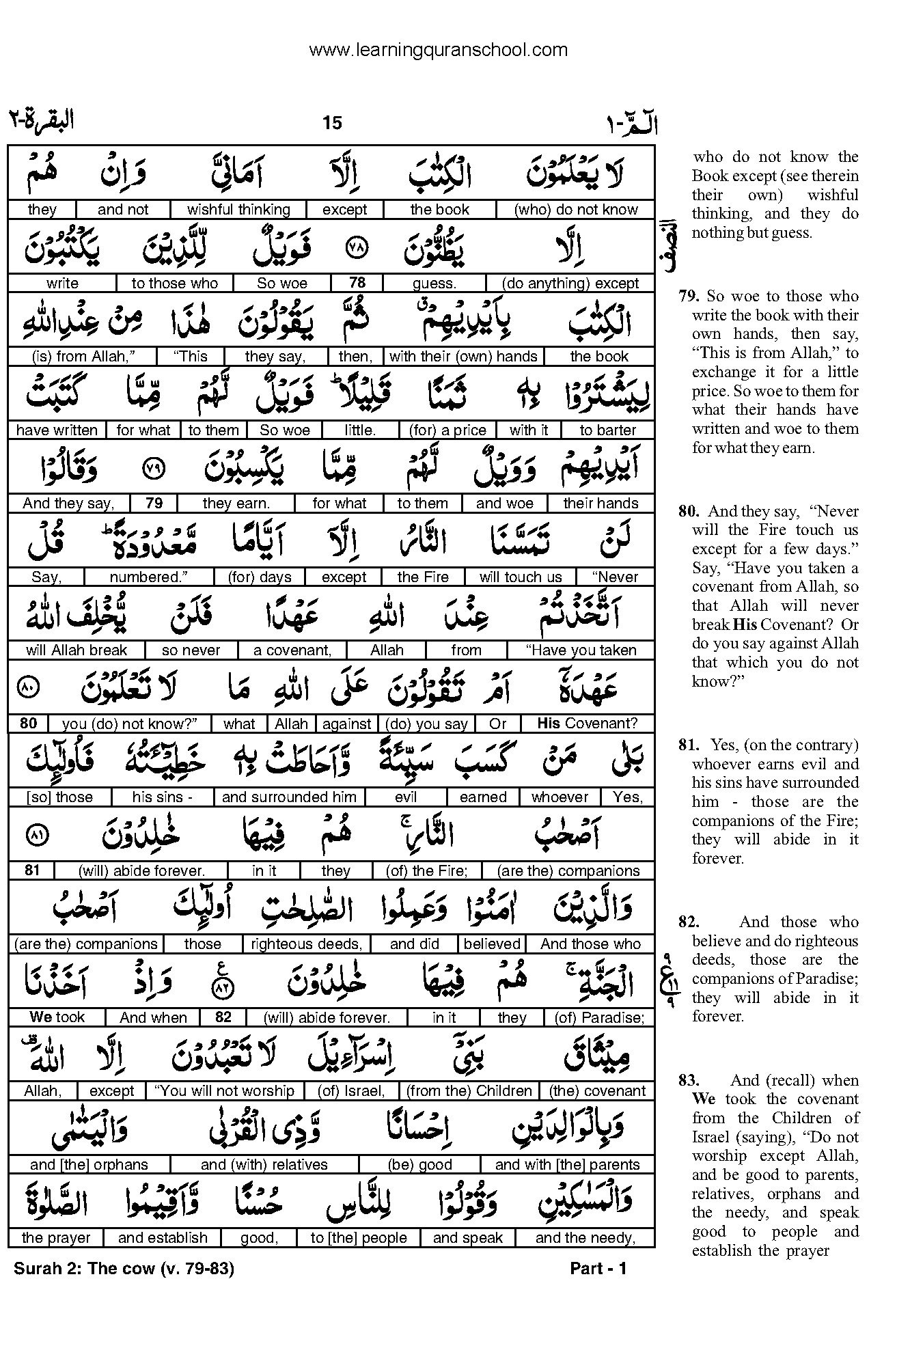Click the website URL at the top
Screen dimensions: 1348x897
[x=438, y=50]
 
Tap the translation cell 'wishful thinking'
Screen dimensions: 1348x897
[x=238, y=210]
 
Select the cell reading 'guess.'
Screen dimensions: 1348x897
[x=434, y=284]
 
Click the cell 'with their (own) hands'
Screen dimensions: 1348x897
[x=463, y=357]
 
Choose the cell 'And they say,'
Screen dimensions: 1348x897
[x=68, y=504]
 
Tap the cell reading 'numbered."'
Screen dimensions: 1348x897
[x=148, y=577]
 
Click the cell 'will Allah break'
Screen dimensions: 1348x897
[x=77, y=650]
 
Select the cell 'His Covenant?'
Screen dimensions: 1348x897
[x=587, y=724]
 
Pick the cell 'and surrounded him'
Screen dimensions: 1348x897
[x=289, y=797]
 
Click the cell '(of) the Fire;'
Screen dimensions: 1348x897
[x=427, y=871]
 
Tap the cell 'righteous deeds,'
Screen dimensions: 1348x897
[x=306, y=944]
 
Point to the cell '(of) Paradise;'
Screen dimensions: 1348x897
[x=599, y=1018]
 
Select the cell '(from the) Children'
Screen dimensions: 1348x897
[x=469, y=1091]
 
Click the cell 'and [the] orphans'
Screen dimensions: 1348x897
[x=89, y=1165]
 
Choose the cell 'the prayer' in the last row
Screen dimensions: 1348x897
[x=56, y=1238]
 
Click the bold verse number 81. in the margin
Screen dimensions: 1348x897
[x=689, y=745]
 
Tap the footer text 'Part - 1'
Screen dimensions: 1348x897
[x=598, y=1269]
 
